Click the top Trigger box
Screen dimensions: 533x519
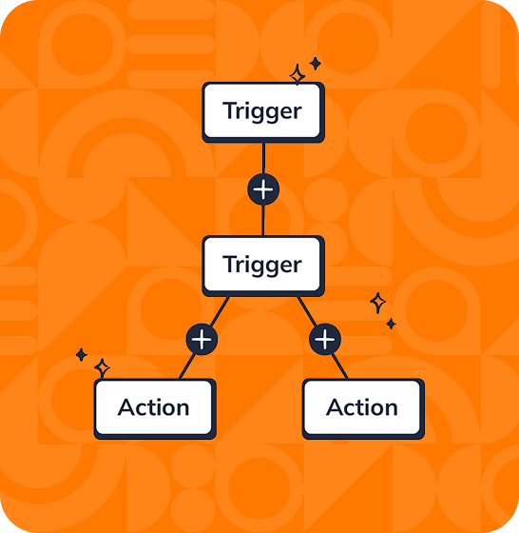[x=263, y=111]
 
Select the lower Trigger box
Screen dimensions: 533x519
[x=263, y=265]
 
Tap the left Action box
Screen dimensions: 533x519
[x=154, y=408]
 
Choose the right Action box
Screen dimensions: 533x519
[x=362, y=408]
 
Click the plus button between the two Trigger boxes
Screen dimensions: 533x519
[x=263, y=189]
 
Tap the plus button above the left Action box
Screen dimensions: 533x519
[x=202, y=339]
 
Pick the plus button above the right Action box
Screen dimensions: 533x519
[x=325, y=339]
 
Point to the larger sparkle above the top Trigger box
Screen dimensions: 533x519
[x=297, y=74]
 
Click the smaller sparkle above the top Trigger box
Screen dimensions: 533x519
[x=315, y=63]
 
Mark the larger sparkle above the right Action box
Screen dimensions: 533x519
[x=377, y=303]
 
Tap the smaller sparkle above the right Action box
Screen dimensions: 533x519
[x=391, y=324]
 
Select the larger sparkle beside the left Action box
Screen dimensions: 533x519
[x=102, y=367]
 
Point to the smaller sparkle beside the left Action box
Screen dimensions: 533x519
[x=82, y=355]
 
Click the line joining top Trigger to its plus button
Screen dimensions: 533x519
[x=263, y=158]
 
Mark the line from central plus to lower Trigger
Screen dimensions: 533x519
[x=263, y=220]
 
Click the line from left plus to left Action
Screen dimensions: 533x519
[x=187, y=365]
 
